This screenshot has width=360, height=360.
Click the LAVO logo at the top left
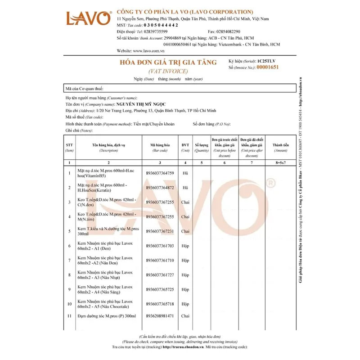tap(89, 18)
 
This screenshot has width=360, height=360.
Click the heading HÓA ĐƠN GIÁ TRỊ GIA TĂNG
tap(167, 63)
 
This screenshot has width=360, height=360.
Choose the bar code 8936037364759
tap(160, 173)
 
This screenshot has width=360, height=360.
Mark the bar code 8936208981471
tap(160, 317)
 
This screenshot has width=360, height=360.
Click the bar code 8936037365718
tap(160, 304)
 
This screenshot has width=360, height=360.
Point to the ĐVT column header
tap(185, 145)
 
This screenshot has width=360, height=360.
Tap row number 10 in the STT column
tap(69, 304)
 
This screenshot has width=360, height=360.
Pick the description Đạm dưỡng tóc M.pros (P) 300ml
tap(108, 317)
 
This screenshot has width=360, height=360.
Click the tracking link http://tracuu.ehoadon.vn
tap(183, 347)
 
